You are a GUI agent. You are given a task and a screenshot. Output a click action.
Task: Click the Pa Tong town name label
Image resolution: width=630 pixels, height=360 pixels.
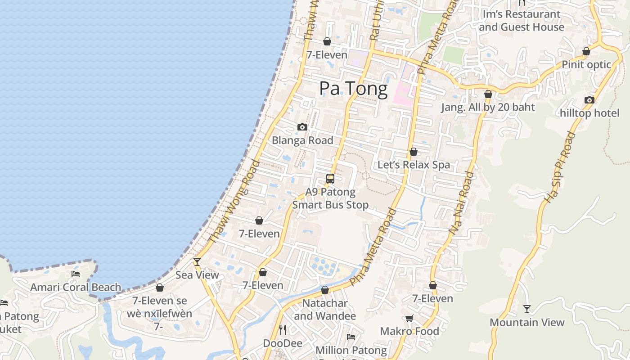[x=353, y=89]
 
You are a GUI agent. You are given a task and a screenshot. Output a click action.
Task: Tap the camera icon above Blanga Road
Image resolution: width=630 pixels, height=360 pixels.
[x=302, y=127]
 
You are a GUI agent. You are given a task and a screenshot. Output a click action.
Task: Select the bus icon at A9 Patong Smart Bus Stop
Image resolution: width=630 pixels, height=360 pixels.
[x=330, y=179]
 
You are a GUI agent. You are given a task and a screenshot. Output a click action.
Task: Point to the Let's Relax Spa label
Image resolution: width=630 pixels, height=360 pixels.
[x=414, y=165]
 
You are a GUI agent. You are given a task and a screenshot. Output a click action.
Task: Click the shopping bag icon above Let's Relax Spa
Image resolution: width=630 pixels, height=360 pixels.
[x=414, y=152]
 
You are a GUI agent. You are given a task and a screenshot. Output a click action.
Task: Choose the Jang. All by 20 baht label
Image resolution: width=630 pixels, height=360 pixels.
[x=488, y=107]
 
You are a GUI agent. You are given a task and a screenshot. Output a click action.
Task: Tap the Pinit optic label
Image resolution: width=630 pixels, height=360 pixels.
[x=586, y=64]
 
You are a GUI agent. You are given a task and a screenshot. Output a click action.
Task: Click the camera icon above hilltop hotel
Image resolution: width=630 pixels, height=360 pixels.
[x=589, y=100]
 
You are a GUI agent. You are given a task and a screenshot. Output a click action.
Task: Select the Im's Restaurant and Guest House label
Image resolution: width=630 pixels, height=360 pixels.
[x=522, y=21]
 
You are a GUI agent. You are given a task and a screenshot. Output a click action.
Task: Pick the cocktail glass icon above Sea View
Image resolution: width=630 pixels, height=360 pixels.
[x=197, y=261]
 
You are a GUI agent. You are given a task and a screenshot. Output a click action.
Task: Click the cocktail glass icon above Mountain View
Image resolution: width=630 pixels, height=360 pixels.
[x=527, y=309]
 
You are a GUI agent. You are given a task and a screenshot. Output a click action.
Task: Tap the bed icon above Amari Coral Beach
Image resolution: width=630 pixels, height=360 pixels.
[x=76, y=274]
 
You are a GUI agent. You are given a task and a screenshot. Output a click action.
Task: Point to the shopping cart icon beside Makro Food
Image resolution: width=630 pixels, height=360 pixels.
[x=409, y=319]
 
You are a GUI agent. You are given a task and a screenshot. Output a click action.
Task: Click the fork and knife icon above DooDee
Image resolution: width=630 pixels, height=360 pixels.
[x=283, y=330]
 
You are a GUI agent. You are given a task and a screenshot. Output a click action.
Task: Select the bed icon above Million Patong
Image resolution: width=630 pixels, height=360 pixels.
[x=351, y=337]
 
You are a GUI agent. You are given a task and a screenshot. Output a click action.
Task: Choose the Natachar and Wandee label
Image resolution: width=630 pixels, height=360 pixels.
[x=325, y=310]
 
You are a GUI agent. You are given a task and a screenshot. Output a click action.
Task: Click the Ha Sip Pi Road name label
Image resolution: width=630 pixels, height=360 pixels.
[x=559, y=167]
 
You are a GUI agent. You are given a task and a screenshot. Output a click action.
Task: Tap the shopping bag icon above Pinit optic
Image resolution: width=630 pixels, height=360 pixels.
[x=586, y=52]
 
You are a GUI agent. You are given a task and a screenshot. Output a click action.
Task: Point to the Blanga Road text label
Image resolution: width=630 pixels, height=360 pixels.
[x=302, y=140]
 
